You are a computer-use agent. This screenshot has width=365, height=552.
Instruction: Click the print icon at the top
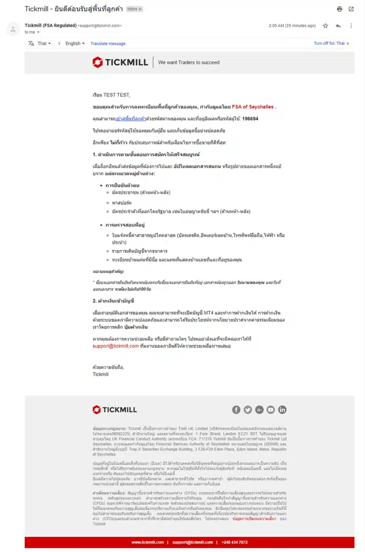click(339, 9)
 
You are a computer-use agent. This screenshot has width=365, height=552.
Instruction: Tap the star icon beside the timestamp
click(325, 25)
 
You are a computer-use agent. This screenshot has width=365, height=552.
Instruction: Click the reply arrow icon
click(338, 25)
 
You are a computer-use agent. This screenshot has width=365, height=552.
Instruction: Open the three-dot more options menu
click(351, 25)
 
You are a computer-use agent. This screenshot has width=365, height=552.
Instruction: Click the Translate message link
click(108, 44)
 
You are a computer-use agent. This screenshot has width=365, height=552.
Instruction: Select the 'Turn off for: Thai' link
click(329, 44)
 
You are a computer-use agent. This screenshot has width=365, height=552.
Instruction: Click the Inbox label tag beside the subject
click(134, 9)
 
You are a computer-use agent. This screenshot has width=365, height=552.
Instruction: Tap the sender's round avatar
click(13, 29)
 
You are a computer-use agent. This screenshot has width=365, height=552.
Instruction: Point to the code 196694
click(250, 119)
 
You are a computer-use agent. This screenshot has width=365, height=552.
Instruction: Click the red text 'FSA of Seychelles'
click(253, 107)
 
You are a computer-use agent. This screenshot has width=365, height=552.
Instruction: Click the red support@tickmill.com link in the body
click(115, 346)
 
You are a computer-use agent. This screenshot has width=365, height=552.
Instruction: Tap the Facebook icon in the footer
click(237, 410)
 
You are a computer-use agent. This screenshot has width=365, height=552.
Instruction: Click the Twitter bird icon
click(248, 410)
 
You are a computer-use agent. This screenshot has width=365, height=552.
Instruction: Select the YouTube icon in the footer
click(271, 410)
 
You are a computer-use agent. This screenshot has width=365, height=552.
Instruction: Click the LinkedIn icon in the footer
click(282, 410)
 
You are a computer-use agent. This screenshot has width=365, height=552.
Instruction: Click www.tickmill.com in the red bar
click(147, 542)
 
